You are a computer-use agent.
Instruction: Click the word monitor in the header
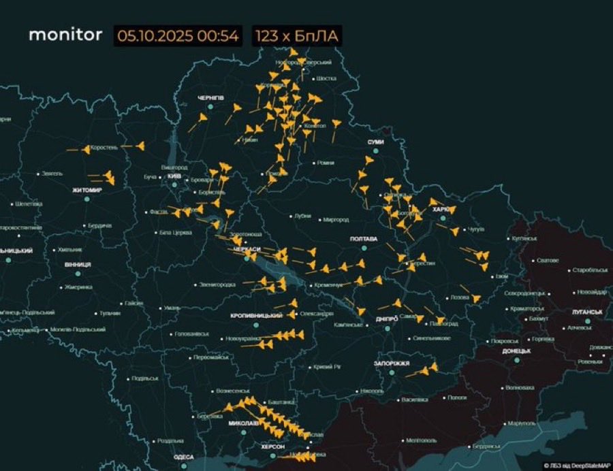coord(65,35)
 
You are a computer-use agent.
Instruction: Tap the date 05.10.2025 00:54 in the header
coord(178,35)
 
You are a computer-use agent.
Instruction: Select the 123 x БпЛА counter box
coord(297,35)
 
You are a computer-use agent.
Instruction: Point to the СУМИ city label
coord(375,142)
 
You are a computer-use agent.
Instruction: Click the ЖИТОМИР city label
coord(87,190)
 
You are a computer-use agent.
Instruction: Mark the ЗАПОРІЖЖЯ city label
coord(391,363)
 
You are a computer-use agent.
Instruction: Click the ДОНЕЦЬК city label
coord(516,351)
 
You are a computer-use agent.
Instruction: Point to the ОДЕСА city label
coord(183,457)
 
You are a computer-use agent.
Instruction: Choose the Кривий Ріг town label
coord(328,368)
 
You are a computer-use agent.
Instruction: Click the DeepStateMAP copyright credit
coord(578,466)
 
